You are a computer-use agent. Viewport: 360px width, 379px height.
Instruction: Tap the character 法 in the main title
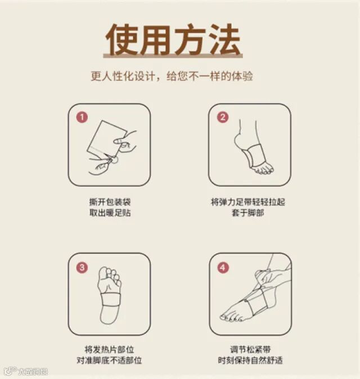(x=224, y=39)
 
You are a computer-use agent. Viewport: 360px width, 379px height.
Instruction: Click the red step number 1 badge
(x=82, y=117)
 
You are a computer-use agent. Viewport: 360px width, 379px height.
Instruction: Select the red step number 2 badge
(x=223, y=117)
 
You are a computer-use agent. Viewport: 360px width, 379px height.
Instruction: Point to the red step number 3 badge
(x=82, y=268)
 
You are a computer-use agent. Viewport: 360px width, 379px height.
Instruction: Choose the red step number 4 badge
(x=223, y=268)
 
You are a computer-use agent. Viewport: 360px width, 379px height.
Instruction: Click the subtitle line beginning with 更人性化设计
(x=172, y=76)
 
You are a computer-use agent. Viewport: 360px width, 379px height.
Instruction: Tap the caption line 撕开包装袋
(x=110, y=202)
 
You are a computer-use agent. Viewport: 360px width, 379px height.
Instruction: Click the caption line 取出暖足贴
(x=110, y=213)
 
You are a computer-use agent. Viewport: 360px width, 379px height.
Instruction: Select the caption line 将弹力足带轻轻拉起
(x=248, y=202)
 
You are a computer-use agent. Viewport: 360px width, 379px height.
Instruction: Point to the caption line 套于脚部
(x=248, y=213)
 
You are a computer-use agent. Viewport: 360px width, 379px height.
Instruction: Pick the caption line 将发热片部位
(x=109, y=350)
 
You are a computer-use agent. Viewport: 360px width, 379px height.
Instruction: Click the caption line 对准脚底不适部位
(x=109, y=360)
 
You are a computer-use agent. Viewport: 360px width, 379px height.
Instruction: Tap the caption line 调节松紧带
(x=250, y=350)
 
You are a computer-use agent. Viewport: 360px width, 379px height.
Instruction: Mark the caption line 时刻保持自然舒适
(x=250, y=360)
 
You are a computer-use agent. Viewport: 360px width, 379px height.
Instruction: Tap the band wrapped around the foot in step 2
(x=254, y=155)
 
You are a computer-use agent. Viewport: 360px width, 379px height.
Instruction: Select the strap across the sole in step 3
(x=110, y=300)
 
